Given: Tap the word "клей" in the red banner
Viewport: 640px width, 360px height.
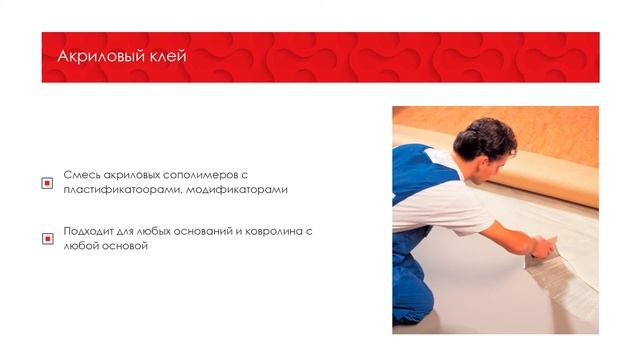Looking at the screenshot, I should tap(164, 56).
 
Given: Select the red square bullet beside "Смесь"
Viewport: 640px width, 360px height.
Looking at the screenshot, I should tap(46, 183).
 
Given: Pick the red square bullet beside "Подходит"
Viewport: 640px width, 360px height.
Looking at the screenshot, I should tap(46, 239).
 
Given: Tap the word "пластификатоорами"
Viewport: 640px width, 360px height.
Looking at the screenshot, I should tap(120, 190).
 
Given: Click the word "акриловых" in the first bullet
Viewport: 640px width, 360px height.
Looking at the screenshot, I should tap(137, 174).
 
